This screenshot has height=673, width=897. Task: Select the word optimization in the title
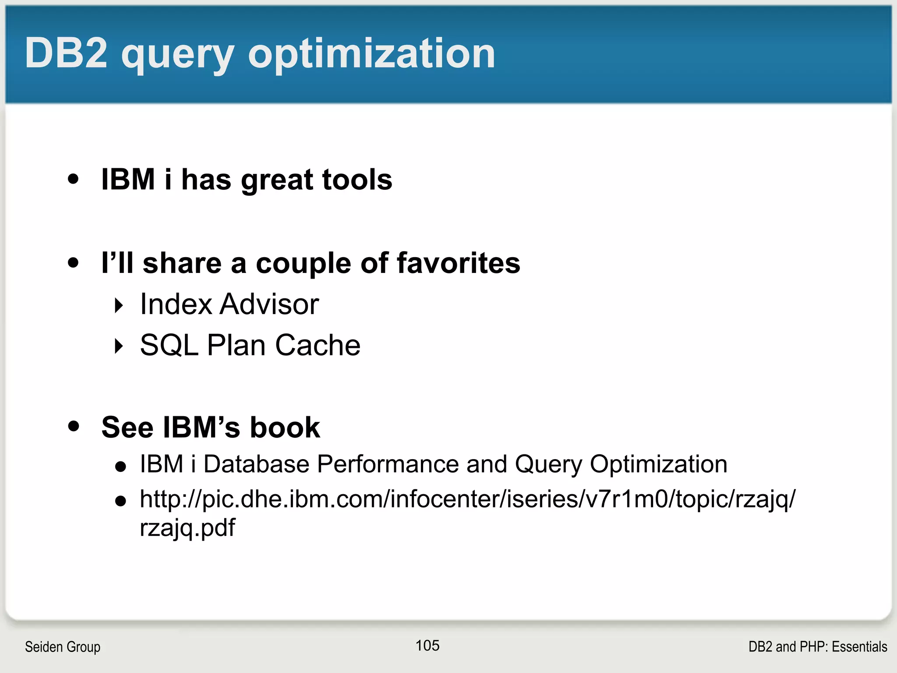point(371,53)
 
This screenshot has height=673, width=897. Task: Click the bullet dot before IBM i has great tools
point(73,179)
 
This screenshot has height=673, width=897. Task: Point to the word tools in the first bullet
point(357,180)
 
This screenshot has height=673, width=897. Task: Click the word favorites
point(459,263)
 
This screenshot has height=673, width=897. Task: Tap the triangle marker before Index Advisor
point(119,305)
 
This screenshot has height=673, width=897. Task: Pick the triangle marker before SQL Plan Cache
point(119,346)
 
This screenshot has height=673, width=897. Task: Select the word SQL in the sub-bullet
point(169,345)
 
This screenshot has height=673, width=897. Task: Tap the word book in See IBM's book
point(285,427)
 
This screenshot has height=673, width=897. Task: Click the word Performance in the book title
point(388,464)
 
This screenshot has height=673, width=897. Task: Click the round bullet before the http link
point(120,501)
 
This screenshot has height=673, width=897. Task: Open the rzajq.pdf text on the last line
point(187,528)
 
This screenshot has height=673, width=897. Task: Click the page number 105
point(427,645)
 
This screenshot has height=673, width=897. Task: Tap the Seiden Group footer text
point(63,647)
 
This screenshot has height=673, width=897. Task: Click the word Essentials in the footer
point(859,647)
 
